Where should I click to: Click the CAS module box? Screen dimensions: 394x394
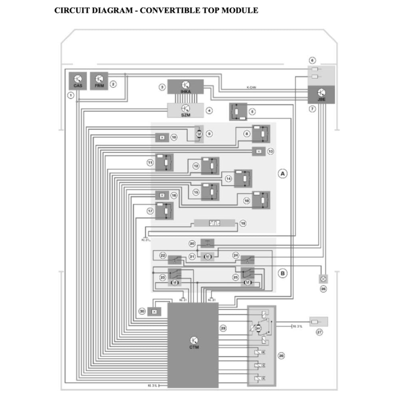point(78,81)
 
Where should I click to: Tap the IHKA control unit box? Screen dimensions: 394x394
point(185,86)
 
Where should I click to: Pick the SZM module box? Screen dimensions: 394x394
point(185,110)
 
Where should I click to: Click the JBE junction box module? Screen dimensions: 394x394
point(321,95)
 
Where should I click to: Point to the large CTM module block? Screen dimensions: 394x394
point(193,344)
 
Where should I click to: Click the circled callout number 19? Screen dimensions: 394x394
point(243,223)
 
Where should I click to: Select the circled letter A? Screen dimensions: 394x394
point(283,174)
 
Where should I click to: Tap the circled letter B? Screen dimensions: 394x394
point(283,274)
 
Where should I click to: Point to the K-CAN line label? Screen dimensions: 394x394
point(251,87)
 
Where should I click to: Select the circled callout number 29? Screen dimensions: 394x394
point(223,328)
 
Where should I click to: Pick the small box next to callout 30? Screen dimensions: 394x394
point(154,311)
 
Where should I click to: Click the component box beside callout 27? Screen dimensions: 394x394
point(319,321)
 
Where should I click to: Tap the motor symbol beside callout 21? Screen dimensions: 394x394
point(207,257)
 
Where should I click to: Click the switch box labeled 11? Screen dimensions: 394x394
point(164,162)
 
